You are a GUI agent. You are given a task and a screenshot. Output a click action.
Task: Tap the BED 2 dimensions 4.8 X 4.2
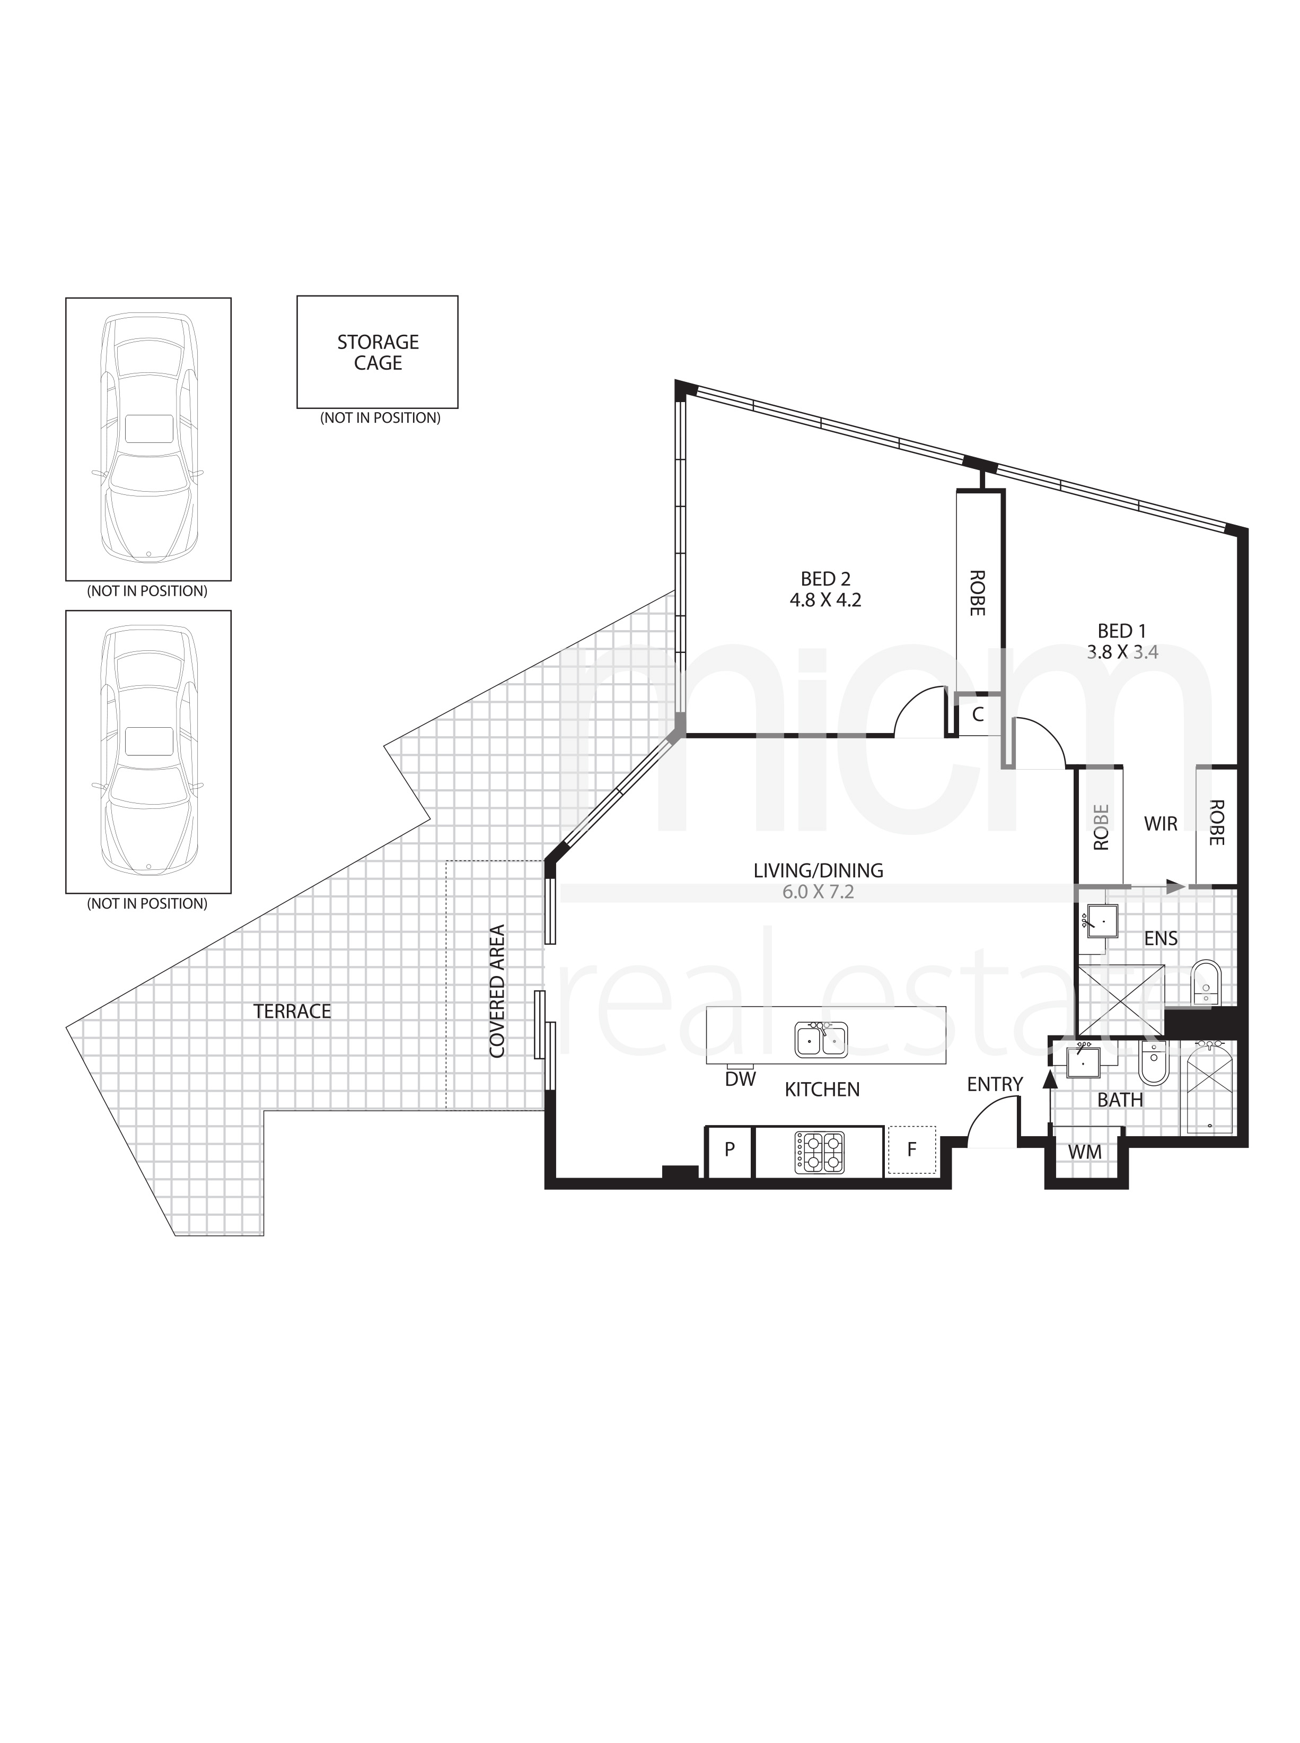click(825, 600)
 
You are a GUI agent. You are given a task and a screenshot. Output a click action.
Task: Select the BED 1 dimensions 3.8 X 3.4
click(1122, 652)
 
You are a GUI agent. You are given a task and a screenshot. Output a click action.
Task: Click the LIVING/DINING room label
click(819, 871)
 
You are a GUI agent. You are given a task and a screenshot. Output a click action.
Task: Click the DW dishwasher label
click(740, 1079)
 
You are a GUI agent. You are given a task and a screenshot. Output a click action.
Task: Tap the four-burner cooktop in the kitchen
click(819, 1153)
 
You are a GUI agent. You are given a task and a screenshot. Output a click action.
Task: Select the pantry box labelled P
click(730, 1152)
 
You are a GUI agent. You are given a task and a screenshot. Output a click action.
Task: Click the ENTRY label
click(995, 1084)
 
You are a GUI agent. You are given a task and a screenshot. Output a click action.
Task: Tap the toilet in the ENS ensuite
click(1205, 982)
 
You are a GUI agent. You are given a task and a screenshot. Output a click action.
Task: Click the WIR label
click(1161, 824)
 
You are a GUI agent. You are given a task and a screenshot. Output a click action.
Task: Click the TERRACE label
click(292, 1011)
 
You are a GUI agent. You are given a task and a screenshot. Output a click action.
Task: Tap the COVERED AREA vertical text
click(497, 991)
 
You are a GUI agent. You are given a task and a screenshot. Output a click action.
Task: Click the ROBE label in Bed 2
click(977, 593)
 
